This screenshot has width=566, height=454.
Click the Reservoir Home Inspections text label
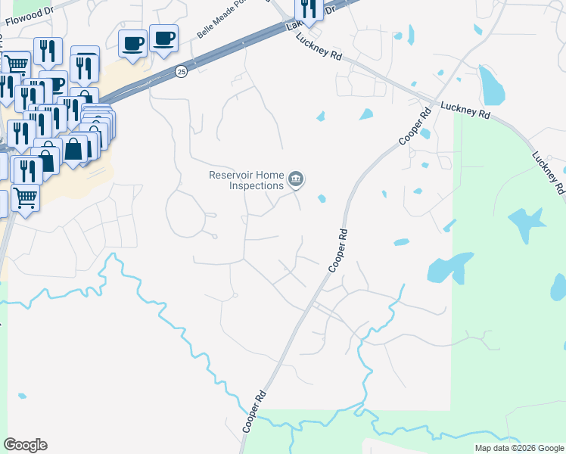246,180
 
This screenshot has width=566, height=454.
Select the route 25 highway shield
181,71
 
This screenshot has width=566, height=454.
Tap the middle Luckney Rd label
465,110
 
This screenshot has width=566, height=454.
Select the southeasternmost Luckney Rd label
548,173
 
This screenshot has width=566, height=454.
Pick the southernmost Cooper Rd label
255,412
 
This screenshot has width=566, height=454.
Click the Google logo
26,445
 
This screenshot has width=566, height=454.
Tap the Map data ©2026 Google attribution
519,448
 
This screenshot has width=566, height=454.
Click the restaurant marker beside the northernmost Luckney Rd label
308,10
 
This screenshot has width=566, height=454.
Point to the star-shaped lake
528,224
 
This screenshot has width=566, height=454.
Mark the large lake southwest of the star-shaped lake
448,269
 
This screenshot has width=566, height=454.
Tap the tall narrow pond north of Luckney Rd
492,86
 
